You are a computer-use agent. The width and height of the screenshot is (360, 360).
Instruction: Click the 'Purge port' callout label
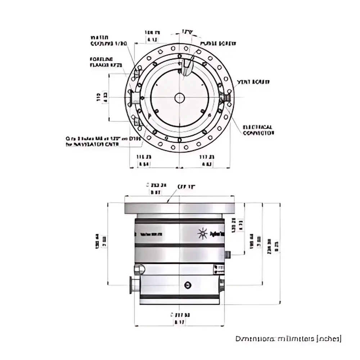[218, 43]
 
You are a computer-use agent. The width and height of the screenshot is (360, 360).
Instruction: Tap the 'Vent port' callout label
[253, 82]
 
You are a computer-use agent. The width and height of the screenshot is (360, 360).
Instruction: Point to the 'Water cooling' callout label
[108, 41]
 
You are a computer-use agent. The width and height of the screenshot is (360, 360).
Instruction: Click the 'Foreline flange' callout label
[106, 62]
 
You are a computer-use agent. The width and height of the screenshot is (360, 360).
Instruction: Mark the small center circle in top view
[179, 98]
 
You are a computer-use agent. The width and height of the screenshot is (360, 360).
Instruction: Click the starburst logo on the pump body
[203, 234]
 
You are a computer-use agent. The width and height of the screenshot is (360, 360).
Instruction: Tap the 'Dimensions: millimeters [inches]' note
[288, 339]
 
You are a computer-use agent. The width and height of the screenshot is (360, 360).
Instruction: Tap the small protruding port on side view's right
[228, 255]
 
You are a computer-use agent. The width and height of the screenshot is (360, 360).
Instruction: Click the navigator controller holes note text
[104, 141]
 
